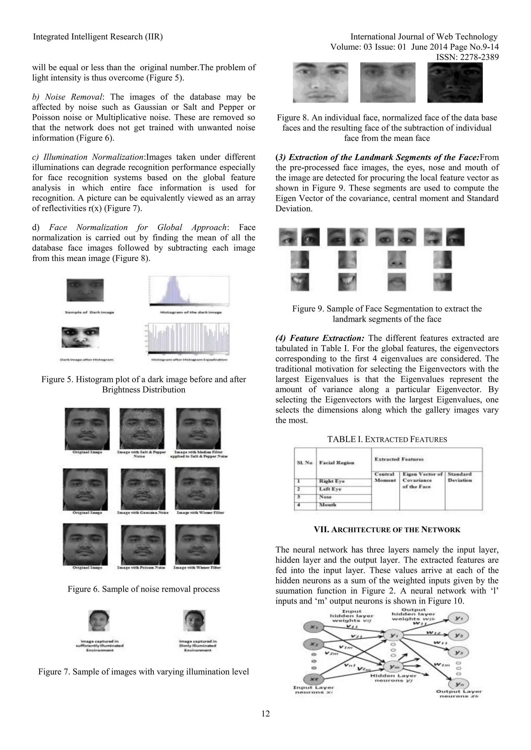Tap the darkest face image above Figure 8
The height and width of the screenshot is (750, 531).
pos(455,82)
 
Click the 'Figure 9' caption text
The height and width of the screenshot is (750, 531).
pos(387,309)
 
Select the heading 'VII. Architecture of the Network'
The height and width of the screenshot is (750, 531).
pos(387,530)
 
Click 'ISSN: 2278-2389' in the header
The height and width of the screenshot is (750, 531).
pos(467,57)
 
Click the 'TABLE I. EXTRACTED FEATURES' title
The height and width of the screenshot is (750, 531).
pos(387,439)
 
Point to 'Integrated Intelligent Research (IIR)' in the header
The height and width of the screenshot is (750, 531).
pos(98,37)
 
